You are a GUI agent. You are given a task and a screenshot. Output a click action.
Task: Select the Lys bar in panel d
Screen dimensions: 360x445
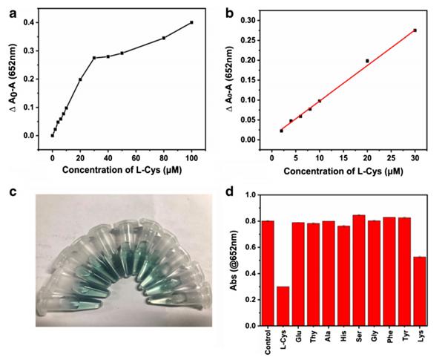coord(419,291)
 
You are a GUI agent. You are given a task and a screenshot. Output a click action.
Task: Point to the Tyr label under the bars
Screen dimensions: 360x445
coord(405,338)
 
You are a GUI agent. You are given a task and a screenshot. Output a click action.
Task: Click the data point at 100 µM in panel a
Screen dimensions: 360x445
coord(191,22)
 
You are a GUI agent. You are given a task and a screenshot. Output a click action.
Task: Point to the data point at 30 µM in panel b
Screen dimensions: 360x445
coord(415,30)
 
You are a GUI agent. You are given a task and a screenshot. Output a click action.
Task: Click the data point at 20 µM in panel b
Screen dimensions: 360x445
coord(367,61)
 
